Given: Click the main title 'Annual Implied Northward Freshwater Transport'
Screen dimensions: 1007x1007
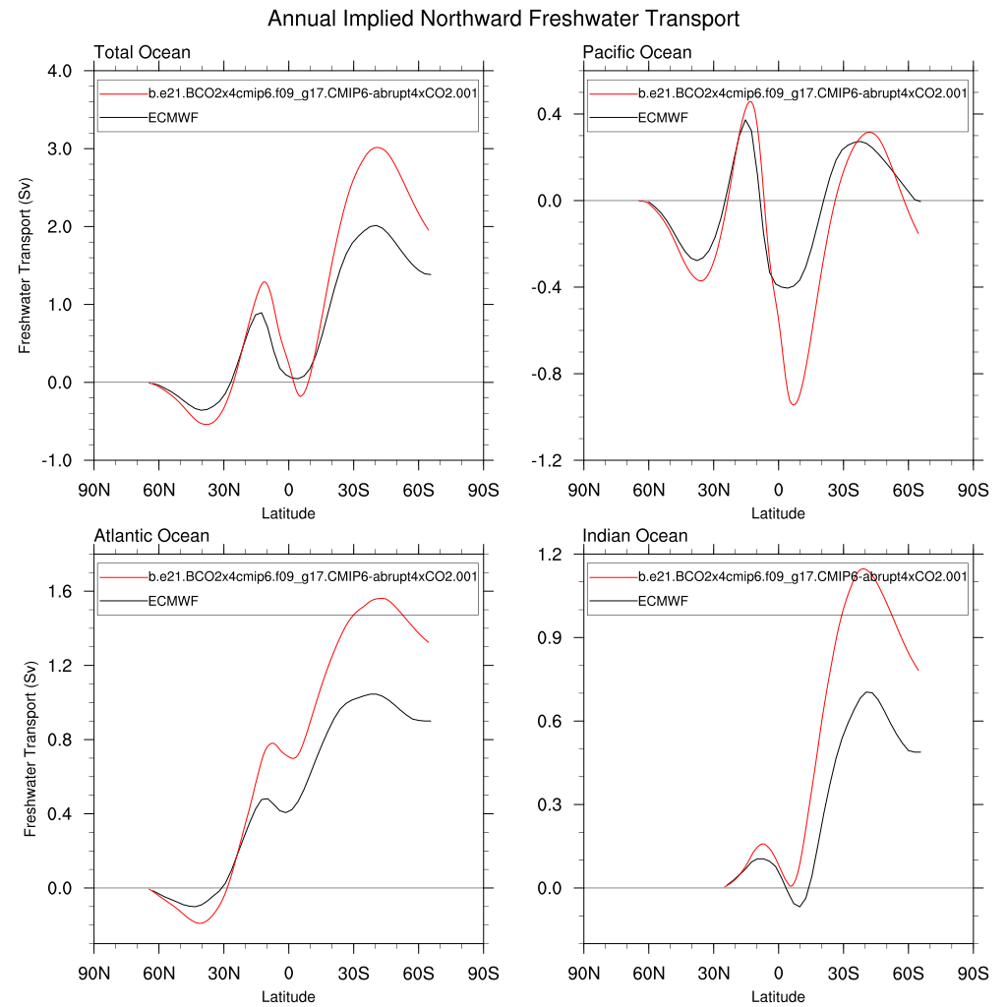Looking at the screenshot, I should coord(503,20).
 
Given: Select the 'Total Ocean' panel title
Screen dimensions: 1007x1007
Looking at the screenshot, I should coord(142,53).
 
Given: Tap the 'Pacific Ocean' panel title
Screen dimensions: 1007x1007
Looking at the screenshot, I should coord(637,53).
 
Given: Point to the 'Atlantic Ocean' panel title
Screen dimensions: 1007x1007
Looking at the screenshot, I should coord(151,536).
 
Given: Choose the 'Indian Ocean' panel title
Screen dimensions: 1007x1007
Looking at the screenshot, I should coord(635,536).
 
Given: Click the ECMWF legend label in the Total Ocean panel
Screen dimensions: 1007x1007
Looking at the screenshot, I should coord(173,117).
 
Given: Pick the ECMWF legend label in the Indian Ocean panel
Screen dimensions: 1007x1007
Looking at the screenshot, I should coord(663,601).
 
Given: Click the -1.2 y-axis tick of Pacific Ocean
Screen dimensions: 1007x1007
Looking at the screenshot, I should coord(547,460).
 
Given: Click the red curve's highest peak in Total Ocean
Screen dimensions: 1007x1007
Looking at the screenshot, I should coord(376,148).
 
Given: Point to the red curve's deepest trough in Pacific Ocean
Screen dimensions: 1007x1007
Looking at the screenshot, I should coord(794,404).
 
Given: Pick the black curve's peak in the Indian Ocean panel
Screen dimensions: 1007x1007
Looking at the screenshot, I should coord(867,692).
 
